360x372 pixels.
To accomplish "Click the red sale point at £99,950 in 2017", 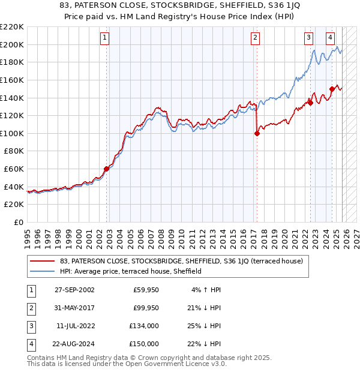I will pyautogui.click(x=257, y=134).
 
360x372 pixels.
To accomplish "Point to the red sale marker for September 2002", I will pyautogui.click(x=107, y=169).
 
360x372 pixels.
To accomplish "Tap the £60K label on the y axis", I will pyautogui.click(x=14, y=169).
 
